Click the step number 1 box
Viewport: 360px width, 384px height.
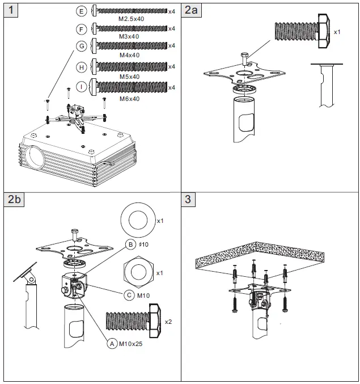tap(11, 10)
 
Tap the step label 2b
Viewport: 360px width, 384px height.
tap(15, 199)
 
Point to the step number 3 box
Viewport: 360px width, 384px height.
tap(189, 199)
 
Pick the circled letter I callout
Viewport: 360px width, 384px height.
tap(82, 87)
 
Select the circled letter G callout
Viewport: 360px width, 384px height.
tap(82, 46)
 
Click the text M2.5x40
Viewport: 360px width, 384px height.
tap(131, 19)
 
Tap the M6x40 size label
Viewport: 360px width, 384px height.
tap(129, 98)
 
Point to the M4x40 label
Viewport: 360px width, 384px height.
tap(129, 55)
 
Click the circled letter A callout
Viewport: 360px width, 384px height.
tap(111, 343)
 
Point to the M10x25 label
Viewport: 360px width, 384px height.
tap(131, 343)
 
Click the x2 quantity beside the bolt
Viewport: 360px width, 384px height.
tap(168, 322)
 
